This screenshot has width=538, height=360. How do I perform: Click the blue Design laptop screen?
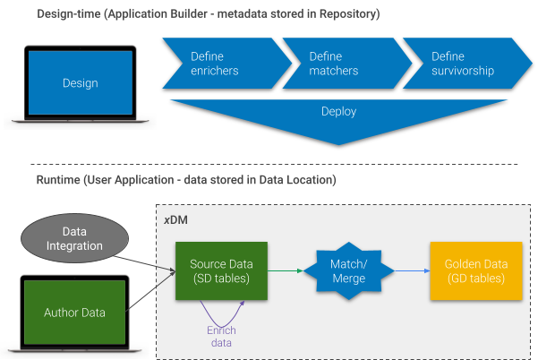point(80,82)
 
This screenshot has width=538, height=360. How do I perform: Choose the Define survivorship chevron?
point(461,64)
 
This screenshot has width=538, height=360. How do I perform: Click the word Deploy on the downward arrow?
point(338,112)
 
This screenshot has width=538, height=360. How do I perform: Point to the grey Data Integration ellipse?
point(76,238)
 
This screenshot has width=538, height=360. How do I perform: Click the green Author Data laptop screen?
point(74,313)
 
